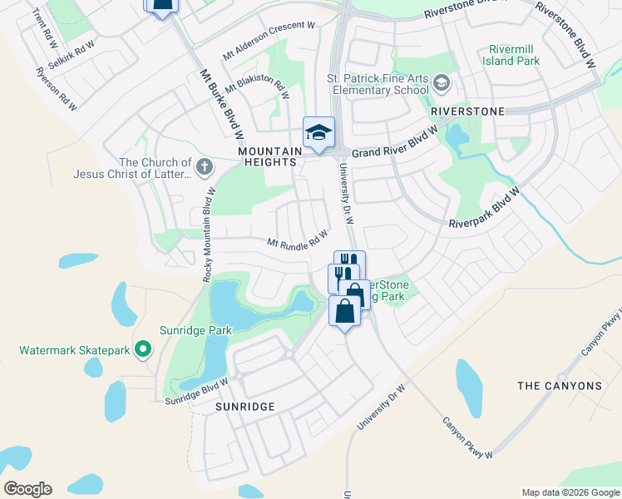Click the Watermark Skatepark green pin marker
pyautogui.click(x=144, y=349)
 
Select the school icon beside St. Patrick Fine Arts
pyautogui.click(x=441, y=82)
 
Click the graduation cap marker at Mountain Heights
pyautogui.click(x=318, y=133)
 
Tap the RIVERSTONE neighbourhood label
pyautogui.click(x=467, y=111)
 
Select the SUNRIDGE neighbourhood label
pyautogui.click(x=244, y=407)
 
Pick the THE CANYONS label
pyautogui.click(x=560, y=386)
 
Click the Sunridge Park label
pyautogui.click(x=195, y=330)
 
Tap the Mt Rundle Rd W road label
pyautogui.click(x=298, y=240)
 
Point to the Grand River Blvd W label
pyautogui.click(x=394, y=144)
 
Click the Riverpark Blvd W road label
pyautogui.click(x=484, y=207)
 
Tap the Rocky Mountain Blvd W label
pyautogui.click(x=210, y=235)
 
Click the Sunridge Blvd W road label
pyautogui.click(x=195, y=391)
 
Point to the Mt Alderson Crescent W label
pyautogui.click(x=269, y=41)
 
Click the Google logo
pyautogui.click(x=27, y=489)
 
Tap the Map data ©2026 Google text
pyautogui.click(x=570, y=492)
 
